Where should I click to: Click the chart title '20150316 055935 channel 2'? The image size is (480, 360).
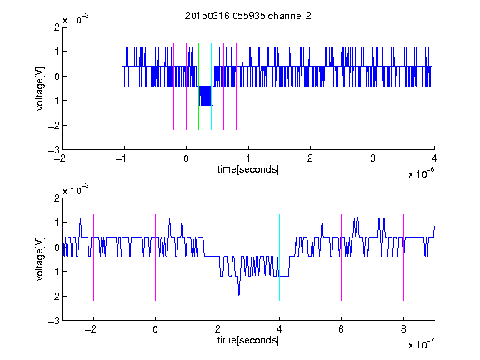click(248, 16)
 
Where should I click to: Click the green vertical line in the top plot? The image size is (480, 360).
click(198, 87)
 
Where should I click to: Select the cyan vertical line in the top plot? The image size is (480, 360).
click(211, 87)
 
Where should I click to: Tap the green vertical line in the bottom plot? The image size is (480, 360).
click(217, 257)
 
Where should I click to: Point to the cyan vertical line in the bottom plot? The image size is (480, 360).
click(279, 257)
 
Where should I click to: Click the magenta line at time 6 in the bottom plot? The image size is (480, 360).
click(342, 257)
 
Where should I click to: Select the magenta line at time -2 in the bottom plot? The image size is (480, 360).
click(93, 257)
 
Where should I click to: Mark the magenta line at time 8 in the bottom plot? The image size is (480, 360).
click(404, 257)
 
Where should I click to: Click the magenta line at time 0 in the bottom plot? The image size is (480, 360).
click(156, 257)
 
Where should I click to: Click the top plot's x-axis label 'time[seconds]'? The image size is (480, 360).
click(248, 169)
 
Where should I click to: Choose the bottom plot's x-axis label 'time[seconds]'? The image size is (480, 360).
click(248, 340)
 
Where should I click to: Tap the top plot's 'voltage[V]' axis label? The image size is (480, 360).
click(40, 88)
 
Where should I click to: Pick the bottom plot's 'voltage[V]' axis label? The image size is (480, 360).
click(40, 258)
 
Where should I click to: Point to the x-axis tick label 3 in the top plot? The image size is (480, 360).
click(372, 158)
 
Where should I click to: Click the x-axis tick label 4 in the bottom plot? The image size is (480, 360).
click(279, 329)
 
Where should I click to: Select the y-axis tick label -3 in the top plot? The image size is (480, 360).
click(54, 150)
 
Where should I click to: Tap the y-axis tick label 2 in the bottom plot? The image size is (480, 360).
click(57, 198)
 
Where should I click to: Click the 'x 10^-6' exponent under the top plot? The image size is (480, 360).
click(422, 173)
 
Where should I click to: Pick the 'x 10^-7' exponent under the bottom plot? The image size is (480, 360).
click(422, 344)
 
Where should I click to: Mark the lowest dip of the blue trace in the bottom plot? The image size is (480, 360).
click(239, 295)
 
